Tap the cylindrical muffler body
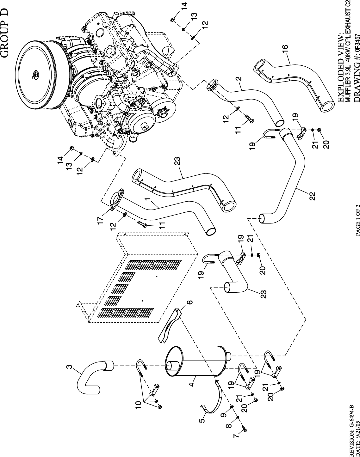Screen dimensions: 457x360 pos(198,362)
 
